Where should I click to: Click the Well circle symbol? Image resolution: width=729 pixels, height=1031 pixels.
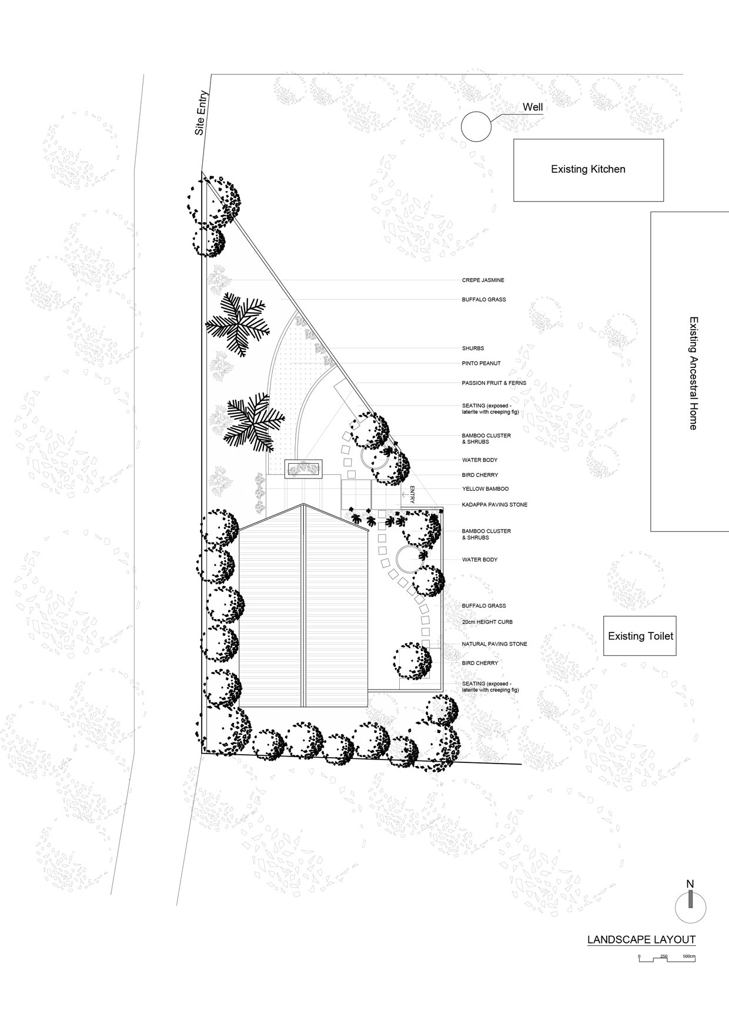(476, 126)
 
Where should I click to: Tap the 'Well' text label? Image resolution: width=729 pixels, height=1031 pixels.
(533, 108)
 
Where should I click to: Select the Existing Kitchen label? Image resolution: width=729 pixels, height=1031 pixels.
(588, 169)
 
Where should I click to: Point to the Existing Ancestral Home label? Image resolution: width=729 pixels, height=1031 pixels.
(693, 373)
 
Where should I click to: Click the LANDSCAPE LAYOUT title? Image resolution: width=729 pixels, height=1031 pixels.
(641, 940)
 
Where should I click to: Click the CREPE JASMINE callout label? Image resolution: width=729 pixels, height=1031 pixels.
(483, 280)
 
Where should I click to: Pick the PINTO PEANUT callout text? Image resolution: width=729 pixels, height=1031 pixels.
(481, 363)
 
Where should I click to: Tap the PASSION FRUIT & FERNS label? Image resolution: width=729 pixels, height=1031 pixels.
(494, 383)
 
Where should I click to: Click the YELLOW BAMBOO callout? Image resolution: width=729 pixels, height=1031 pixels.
(485, 489)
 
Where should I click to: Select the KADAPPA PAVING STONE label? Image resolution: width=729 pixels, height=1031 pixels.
(494, 505)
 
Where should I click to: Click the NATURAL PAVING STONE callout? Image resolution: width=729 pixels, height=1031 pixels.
(494, 644)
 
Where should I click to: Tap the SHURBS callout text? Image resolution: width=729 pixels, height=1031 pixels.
(473, 349)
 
